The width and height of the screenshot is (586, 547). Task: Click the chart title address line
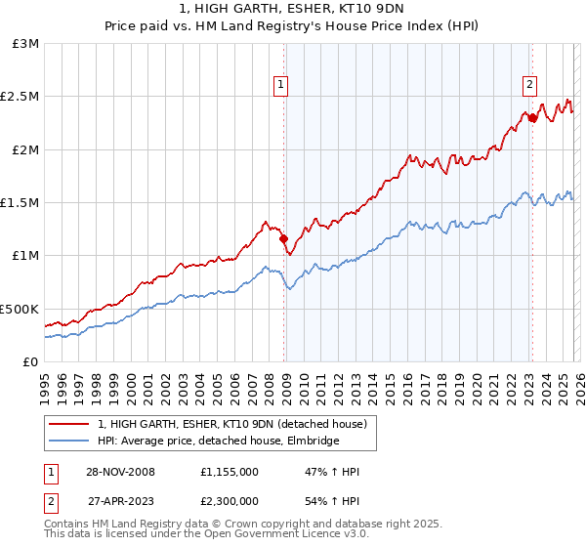292,10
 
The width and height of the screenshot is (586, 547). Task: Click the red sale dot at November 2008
283,237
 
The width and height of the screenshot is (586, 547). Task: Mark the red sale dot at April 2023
532,117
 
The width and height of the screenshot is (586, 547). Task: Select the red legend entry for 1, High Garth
231,424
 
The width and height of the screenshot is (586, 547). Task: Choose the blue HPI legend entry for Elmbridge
218,441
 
